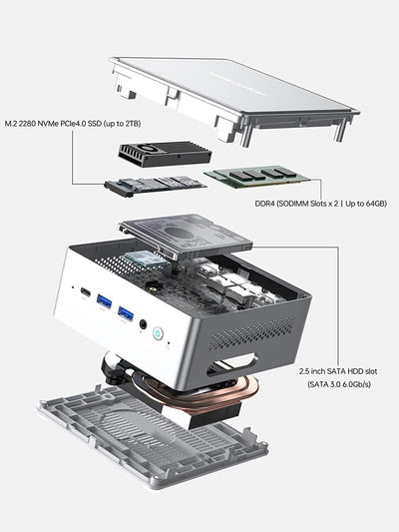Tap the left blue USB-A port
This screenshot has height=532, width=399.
103,303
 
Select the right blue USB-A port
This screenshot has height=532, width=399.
126,315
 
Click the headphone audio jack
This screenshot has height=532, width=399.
147,324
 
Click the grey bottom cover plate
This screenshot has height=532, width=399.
150,449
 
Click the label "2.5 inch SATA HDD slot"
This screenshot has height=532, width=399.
338,369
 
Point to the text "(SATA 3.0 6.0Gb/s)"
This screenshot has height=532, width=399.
338,383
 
